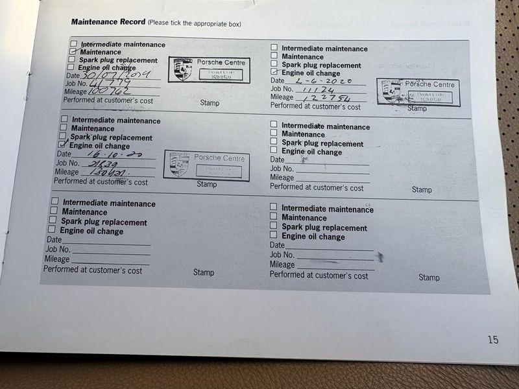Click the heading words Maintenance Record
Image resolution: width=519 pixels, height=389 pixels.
[x=108, y=21]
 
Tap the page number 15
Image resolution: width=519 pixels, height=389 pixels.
[x=493, y=339]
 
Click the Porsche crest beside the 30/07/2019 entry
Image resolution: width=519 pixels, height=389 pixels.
[x=183, y=69]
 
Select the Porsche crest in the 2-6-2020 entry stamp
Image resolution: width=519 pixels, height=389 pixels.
[x=391, y=91]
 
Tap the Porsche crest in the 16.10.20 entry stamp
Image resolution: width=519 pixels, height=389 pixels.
[x=179, y=165]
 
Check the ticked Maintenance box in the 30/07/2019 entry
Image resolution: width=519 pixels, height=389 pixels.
[x=72, y=51]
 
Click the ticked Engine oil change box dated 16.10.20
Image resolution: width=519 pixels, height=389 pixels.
[x=62, y=145]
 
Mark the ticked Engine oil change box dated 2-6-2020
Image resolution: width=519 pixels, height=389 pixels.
[x=274, y=72]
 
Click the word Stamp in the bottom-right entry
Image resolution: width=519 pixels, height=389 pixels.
[x=429, y=277]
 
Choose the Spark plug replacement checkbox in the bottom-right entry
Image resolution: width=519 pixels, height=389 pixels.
[x=274, y=226]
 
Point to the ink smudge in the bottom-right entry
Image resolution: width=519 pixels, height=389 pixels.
[x=380, y=257]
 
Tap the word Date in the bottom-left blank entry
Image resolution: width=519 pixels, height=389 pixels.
[x=53, y=240]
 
